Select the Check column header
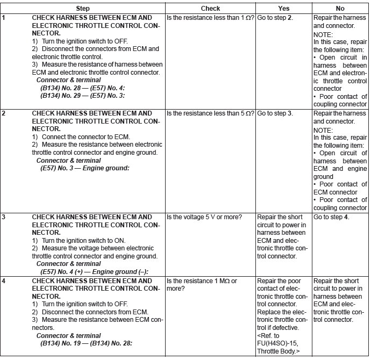pos(210,9)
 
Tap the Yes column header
pos(283,9)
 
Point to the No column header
pos(340,9)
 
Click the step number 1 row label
pos(4,17)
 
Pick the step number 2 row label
pos(4,113)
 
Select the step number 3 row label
pos(4,217)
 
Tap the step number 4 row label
pos(4,281)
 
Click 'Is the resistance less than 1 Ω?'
pos(210,17)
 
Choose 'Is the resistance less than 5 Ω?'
pos(210,113)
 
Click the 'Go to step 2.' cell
pos(275,17)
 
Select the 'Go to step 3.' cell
pos(275,113)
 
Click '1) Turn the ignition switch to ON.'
pos(79,241)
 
